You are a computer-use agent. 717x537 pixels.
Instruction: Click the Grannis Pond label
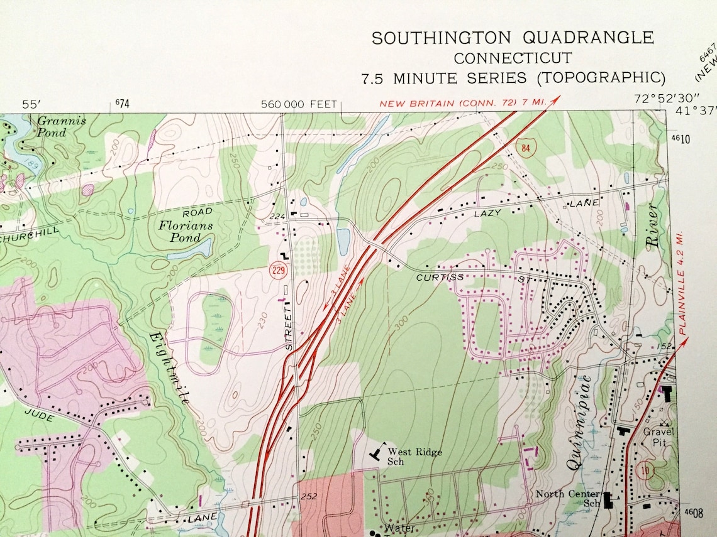point(61,126)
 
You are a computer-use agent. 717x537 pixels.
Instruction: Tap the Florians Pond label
point(185,232)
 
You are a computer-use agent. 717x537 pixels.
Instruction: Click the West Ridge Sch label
point(414,457)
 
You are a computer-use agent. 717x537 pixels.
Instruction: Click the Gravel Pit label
point(657,437)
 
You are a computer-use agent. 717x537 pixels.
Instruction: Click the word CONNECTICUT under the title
point(513,58)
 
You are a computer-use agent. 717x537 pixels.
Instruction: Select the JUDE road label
point(39,415)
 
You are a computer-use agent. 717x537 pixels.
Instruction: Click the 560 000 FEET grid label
point(299,104)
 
